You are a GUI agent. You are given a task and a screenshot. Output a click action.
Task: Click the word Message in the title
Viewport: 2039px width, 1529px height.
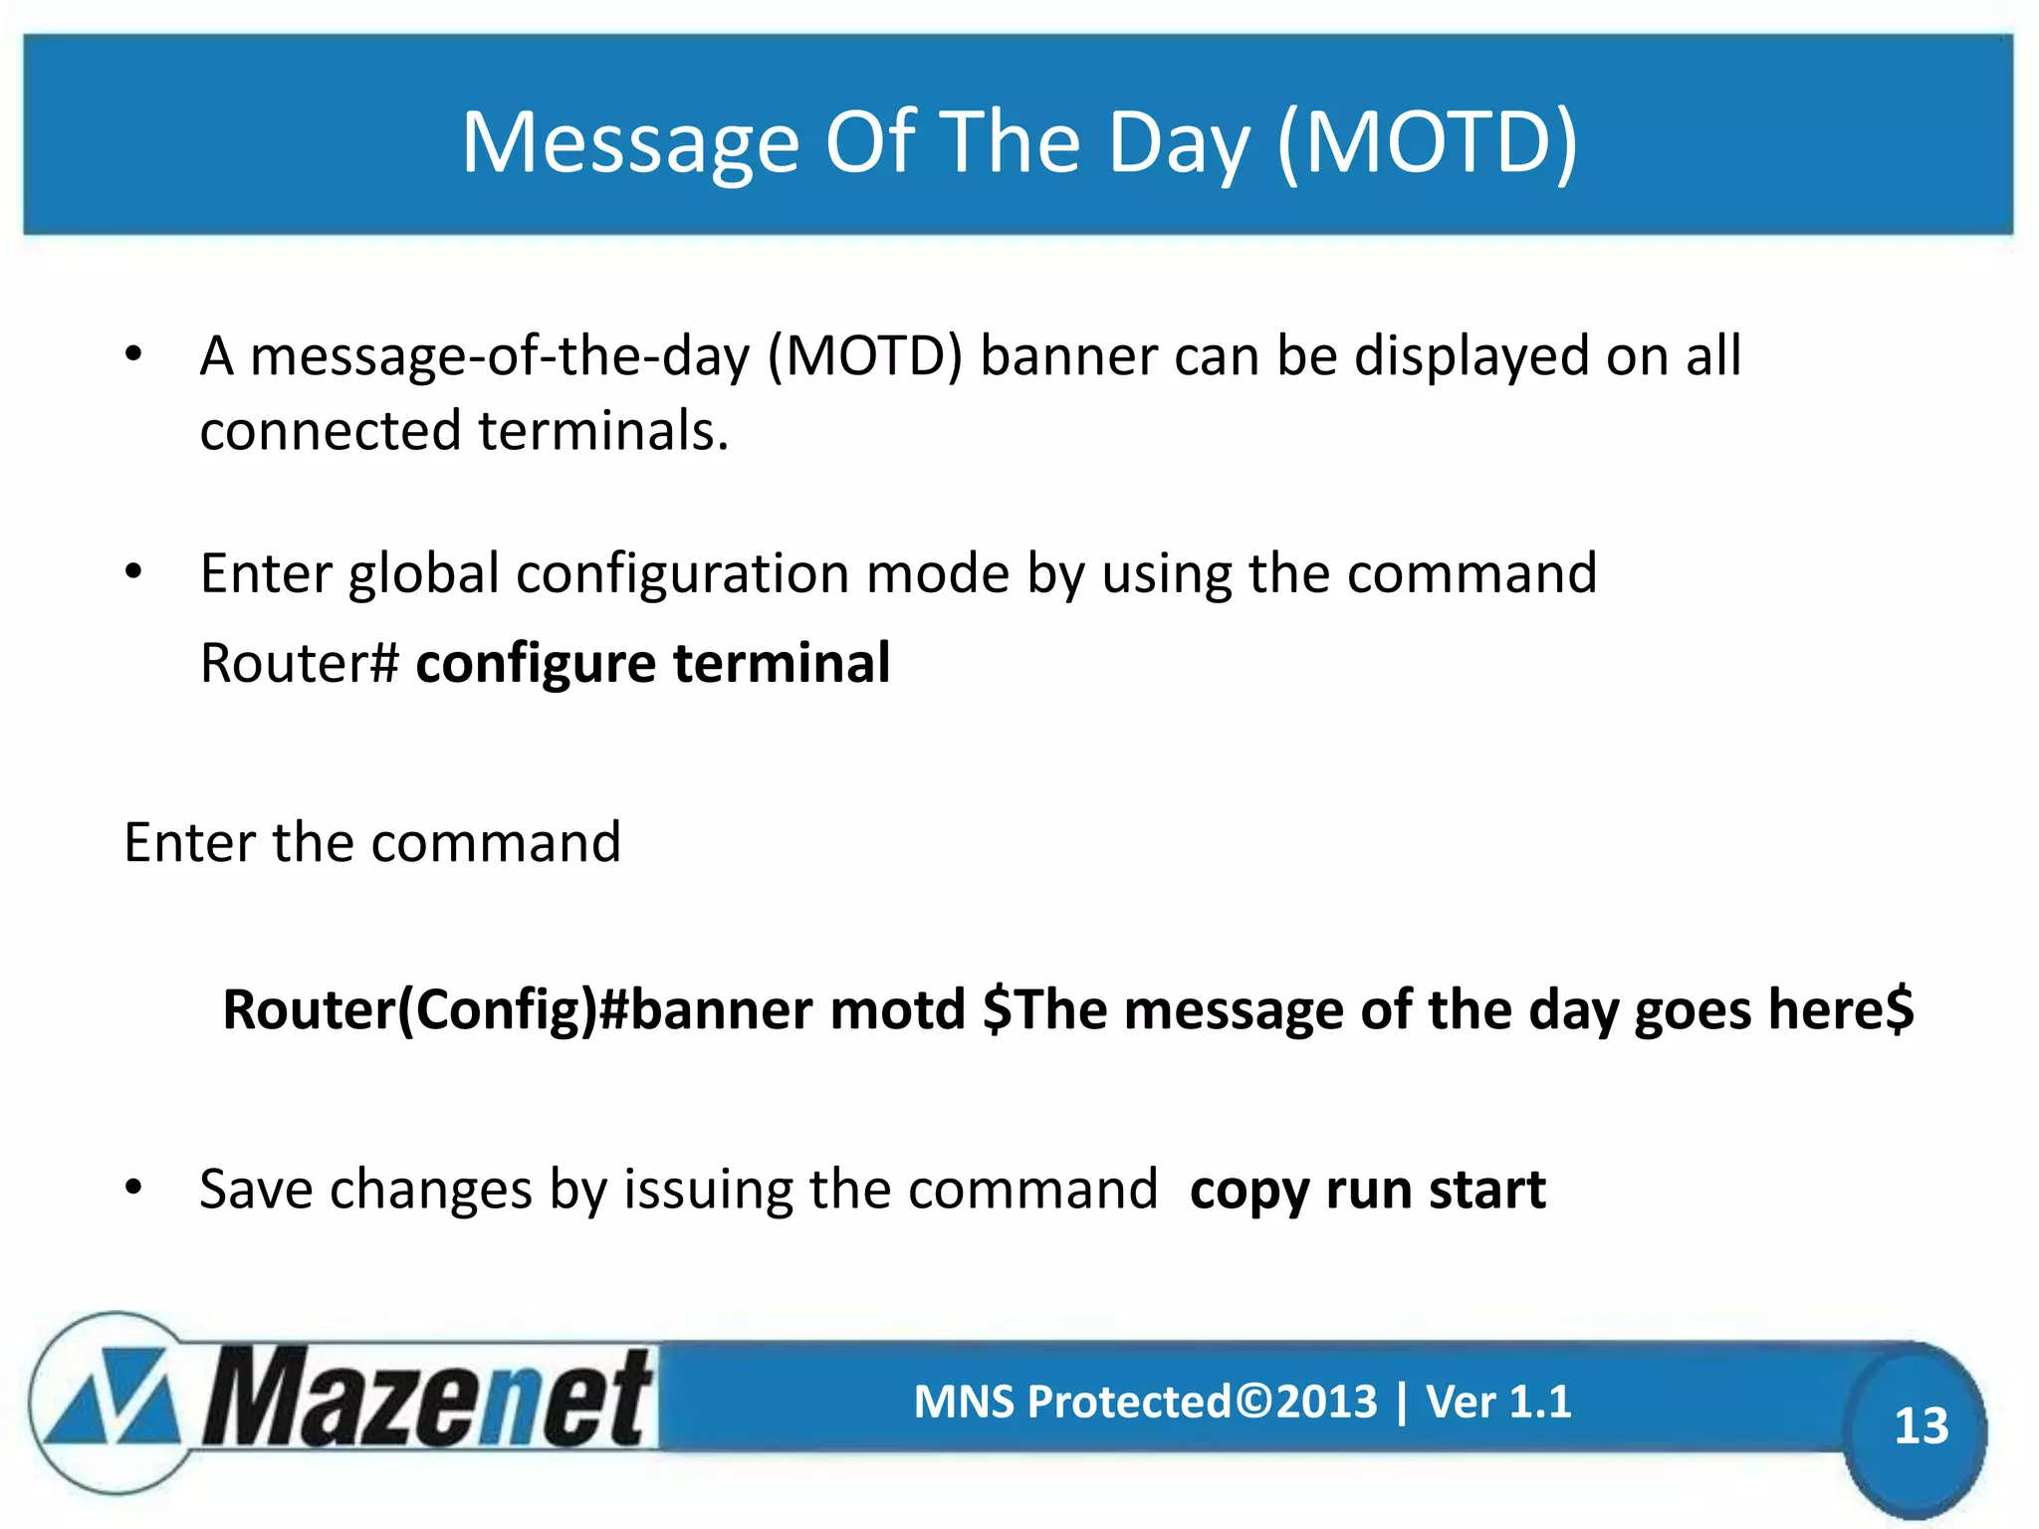tap(630, 142)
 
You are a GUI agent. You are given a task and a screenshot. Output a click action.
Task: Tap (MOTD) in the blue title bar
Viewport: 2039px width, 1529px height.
tap(1427, 142)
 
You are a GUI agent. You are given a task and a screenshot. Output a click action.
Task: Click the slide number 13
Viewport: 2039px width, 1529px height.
tap(1920, 1425)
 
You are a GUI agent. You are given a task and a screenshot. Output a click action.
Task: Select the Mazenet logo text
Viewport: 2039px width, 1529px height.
tap(428, 1399)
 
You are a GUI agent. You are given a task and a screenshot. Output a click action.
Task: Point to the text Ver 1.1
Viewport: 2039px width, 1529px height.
tap(1498, 1402)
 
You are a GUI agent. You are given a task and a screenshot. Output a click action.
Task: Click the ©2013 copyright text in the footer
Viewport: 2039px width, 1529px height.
tap(1306, 1402)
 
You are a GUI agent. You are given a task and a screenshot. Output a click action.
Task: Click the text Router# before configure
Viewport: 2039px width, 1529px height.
tap(300, 663)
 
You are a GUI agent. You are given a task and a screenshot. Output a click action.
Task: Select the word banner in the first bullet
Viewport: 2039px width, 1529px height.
tap(1067, 355)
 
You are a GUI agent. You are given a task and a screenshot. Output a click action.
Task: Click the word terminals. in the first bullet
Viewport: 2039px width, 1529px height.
tap(603, 430)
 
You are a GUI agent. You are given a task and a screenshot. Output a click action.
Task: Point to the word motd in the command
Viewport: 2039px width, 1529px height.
tap(898, 1009)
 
